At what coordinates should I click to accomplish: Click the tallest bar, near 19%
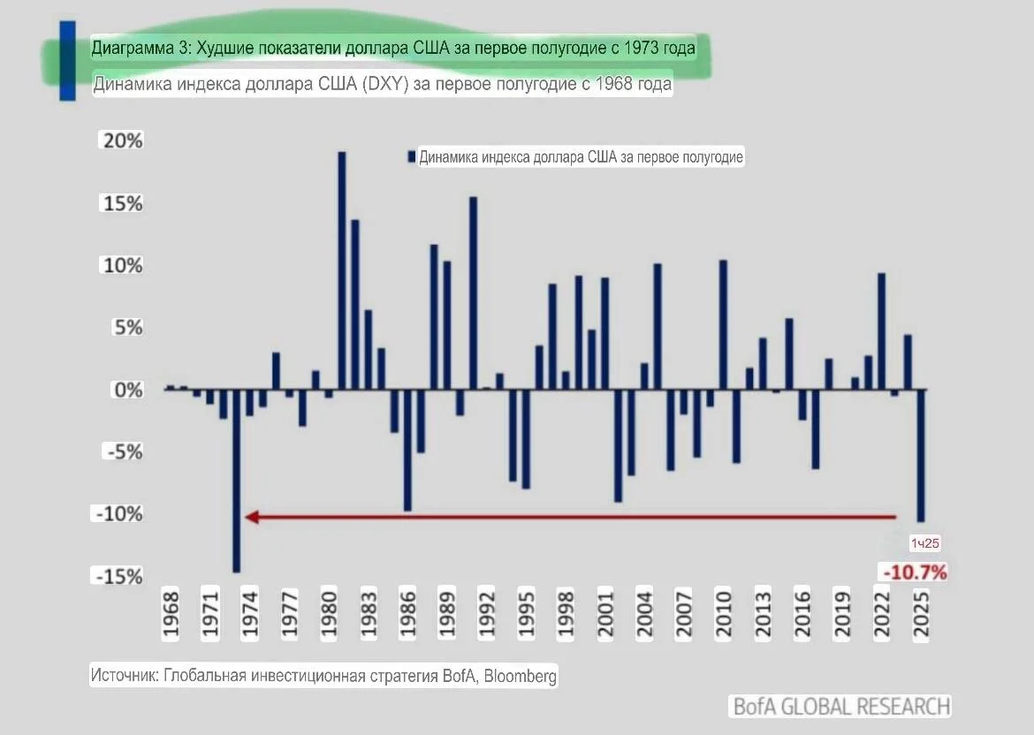(342, 270)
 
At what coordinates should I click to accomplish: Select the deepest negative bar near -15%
(237, 481)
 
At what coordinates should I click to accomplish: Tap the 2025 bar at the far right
(921, 456)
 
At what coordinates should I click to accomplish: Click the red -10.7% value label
(915, 572)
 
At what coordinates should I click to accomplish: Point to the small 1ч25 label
(924, 543)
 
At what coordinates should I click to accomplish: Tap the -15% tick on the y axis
(118, 577)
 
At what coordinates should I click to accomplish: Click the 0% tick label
(128, 390)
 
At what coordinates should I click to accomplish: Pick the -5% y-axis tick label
(124, 451)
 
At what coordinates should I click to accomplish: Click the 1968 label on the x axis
(171, 614)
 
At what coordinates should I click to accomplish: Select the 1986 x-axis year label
(407, 614)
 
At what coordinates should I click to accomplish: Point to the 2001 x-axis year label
(604, 614)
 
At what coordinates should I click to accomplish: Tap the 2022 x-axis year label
(882, 614)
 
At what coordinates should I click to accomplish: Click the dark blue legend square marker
(412, 157)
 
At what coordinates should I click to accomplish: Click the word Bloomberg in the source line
(521, 677)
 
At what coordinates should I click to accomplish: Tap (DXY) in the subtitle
(386, 84)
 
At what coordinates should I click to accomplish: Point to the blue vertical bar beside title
(67, 61)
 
